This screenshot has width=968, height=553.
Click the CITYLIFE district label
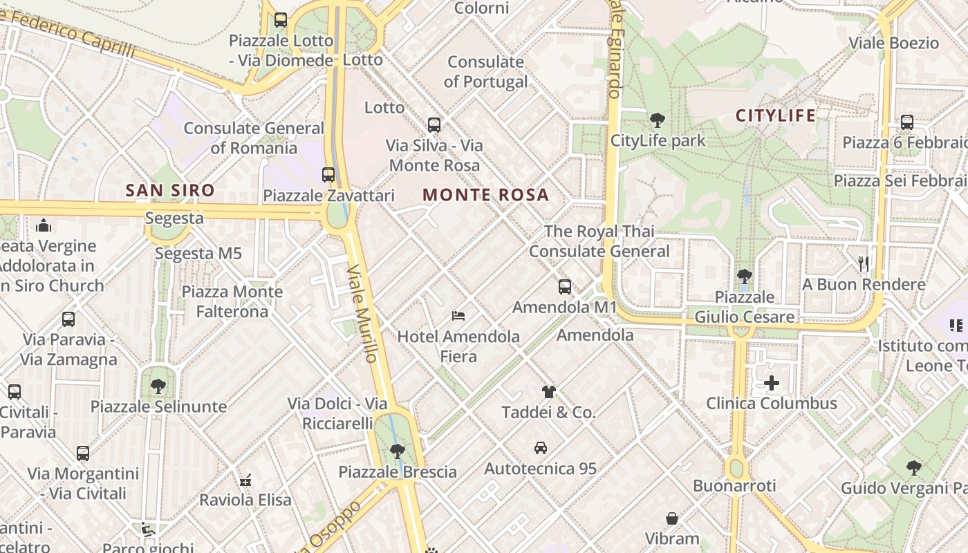coord(775,115)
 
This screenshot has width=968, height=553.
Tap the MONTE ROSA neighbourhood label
coord(485,195)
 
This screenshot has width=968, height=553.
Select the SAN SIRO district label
coord(170,190)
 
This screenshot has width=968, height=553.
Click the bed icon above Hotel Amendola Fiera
coord(458,316)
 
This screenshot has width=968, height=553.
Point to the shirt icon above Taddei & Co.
coord(548,392)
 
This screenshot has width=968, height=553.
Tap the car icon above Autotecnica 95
coord(541,448)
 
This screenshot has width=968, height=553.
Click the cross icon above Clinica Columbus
coord(772,382)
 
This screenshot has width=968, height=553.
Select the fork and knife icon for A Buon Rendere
coord(863,263)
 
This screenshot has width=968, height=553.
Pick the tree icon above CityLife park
coord(657,120)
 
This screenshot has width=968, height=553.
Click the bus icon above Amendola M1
coord(565,286)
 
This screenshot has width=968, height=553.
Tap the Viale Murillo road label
coord(362,312)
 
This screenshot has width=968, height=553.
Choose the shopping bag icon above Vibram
coord(671,518)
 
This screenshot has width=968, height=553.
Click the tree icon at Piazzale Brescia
coord(397,451)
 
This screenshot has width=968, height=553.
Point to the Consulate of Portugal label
coord(485,72)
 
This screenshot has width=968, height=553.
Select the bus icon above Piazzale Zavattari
coord(328,175)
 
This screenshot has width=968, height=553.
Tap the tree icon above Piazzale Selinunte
coord(158,386)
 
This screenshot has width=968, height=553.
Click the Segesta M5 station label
coord(198,254)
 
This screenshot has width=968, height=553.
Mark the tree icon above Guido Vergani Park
coord(914,468)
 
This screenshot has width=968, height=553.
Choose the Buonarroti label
coord(734,485)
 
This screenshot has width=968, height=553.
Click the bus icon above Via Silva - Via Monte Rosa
coord(434,125)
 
